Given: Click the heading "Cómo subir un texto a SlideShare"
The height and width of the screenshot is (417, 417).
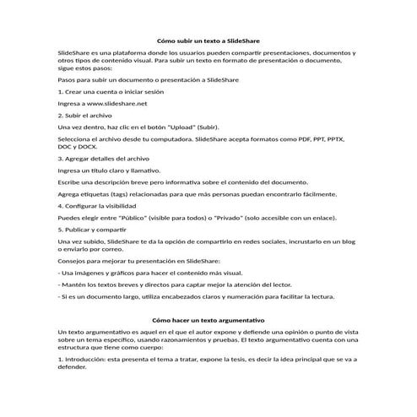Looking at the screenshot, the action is [x=208, y=41].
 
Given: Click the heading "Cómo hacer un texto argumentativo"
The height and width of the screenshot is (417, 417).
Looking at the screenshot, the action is [x=208, y=320].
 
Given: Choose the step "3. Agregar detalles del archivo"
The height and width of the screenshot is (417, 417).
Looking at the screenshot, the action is [x=104, y=158].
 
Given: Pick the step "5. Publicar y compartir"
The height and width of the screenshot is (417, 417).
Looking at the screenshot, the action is [x=92, y=229].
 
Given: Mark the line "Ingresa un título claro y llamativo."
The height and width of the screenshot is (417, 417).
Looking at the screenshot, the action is [x=111, y=170].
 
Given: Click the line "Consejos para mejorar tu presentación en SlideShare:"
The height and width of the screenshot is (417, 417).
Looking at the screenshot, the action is [x=138, y=263].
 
